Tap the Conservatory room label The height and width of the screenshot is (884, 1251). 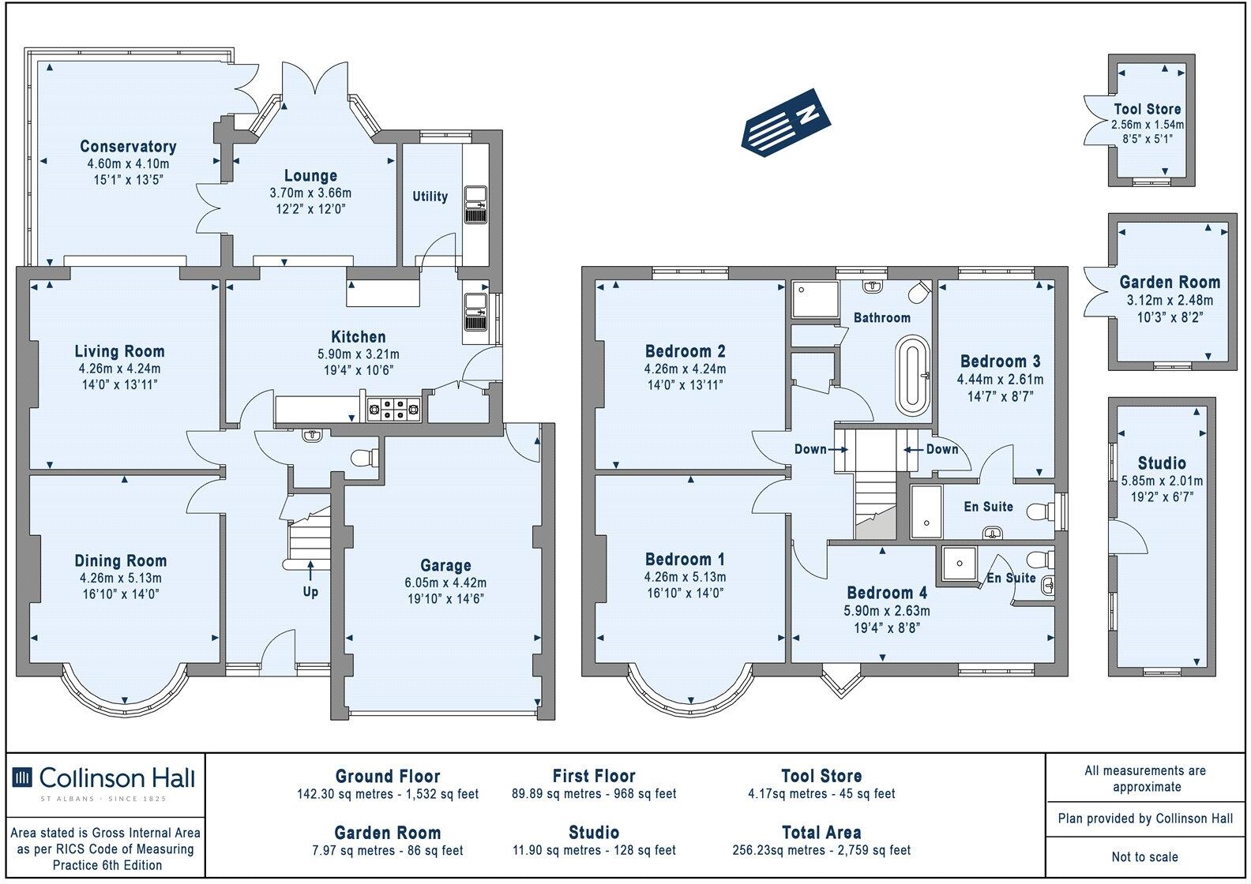tap(128, 146)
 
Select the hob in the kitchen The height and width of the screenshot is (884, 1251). tap(396, 409)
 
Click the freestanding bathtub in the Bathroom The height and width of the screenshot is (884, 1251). tap(914, 375)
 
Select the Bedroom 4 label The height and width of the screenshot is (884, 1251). tap(887, 593)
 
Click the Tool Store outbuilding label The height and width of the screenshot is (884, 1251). tap(1147, 110)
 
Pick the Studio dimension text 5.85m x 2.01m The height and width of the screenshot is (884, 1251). tap(1162, 481)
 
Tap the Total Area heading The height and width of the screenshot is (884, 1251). tap(821, 832)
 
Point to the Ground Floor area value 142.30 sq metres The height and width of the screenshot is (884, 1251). tap(388, 794)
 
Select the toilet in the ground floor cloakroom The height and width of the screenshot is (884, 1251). tap(366, 458)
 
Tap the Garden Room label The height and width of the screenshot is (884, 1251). tap(1170, 282)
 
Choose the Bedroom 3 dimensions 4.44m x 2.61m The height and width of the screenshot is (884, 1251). tap(1000, 379)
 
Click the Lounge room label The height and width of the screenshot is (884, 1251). tap(310, 176)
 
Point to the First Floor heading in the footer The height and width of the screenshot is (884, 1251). tap(594, 776)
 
